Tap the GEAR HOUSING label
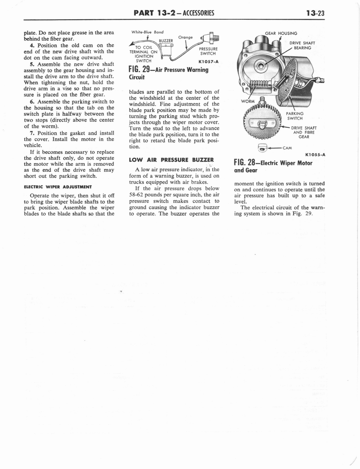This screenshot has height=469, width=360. [281, 33]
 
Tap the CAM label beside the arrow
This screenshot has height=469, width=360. [288, 147]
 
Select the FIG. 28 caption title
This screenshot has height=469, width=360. [273, 166]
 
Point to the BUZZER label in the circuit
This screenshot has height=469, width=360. [165, 41]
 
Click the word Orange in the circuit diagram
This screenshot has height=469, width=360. [185, 37]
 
